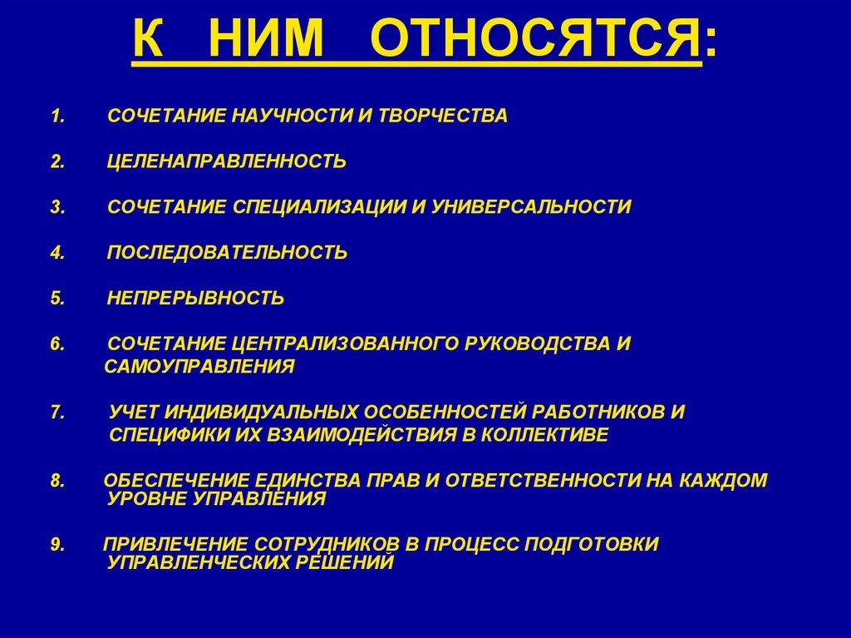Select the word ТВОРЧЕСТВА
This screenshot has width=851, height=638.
[442, 116]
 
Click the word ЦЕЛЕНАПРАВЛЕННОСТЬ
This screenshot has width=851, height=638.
[227, 161]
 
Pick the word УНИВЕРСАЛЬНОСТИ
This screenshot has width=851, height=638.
[531, 207]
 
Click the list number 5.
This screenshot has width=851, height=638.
[56, 298]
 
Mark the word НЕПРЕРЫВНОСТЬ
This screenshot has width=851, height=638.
[196, 298]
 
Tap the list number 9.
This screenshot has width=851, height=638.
[56, 544]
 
